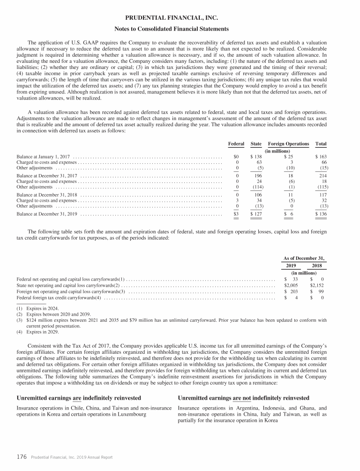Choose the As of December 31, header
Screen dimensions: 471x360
(x=304, y=258)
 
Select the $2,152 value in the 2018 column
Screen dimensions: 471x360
(x=319, y=285)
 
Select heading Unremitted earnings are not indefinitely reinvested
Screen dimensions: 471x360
(x=244, y=398)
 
